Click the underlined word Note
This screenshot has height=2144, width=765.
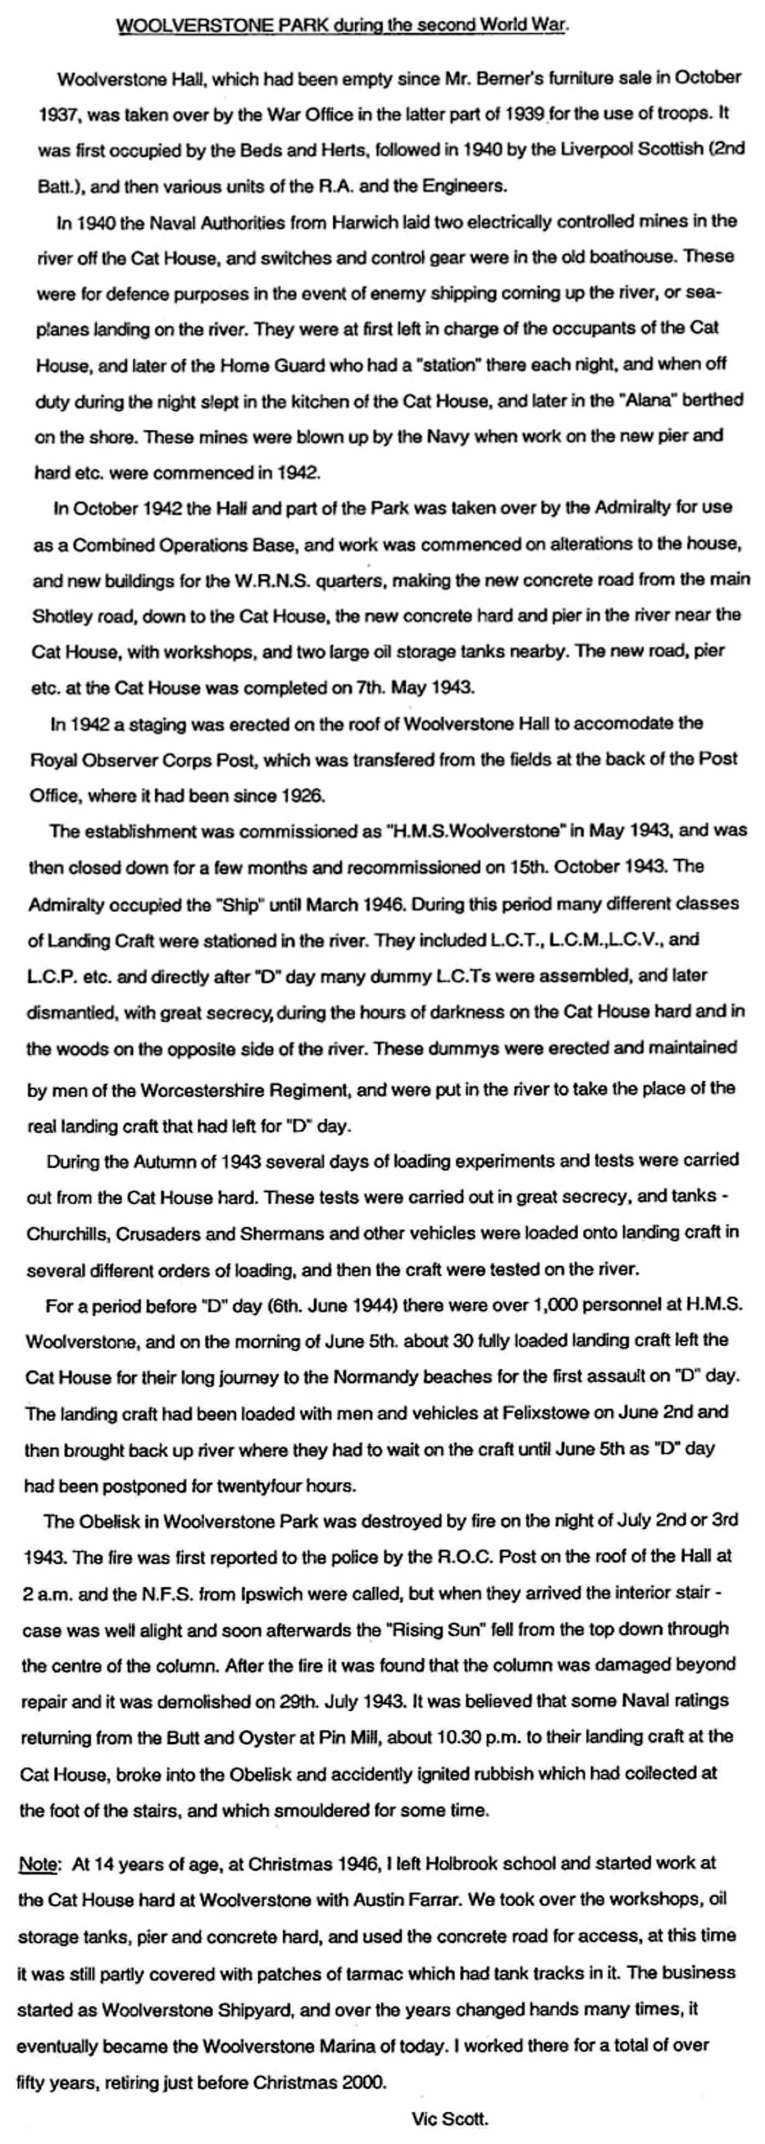click(x=38, y=1864)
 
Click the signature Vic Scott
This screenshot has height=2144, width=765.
click(x=450, y=2119)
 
